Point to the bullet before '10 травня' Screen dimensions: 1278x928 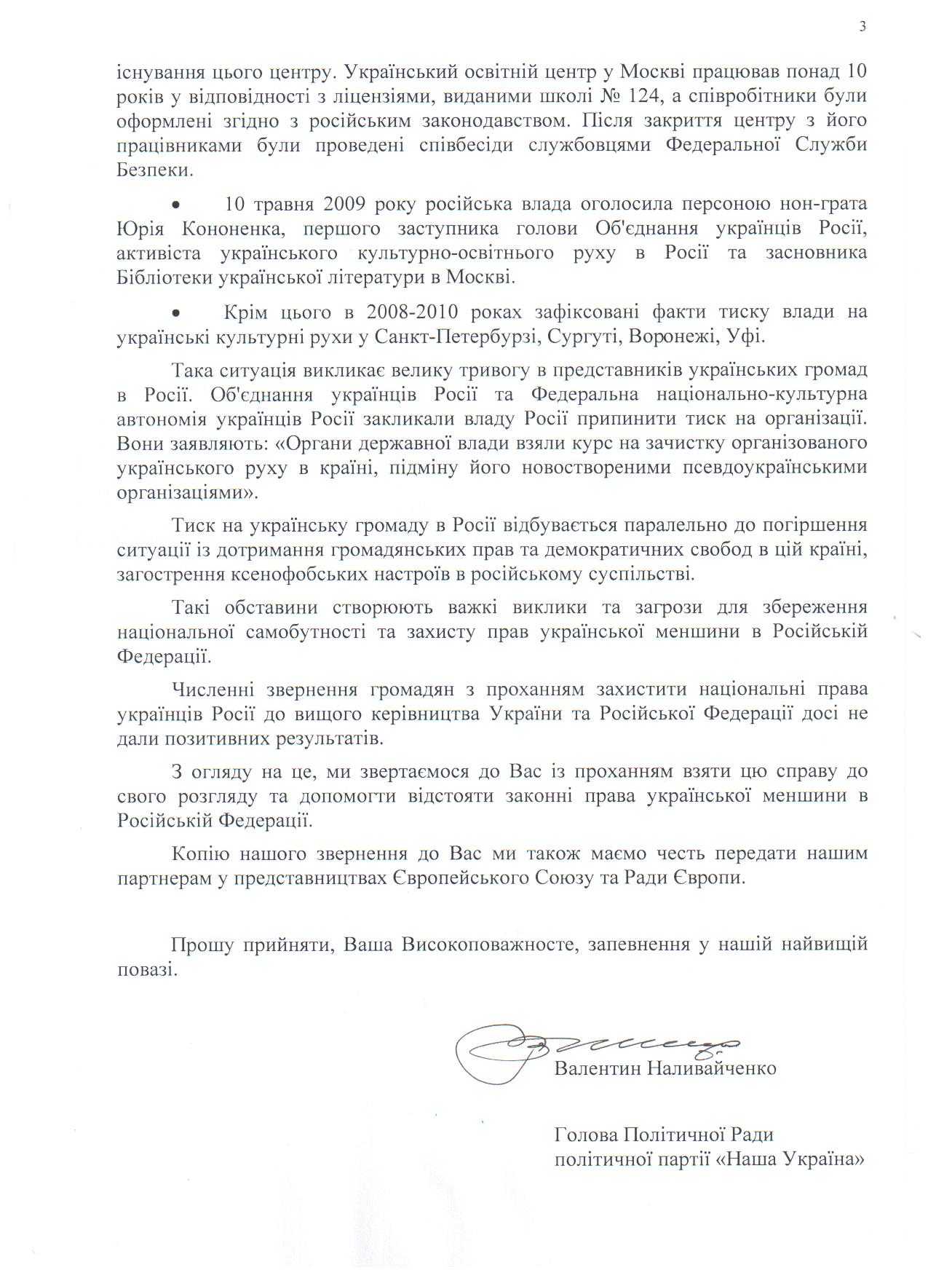point(175,204)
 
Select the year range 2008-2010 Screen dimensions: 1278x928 point(412,312)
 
